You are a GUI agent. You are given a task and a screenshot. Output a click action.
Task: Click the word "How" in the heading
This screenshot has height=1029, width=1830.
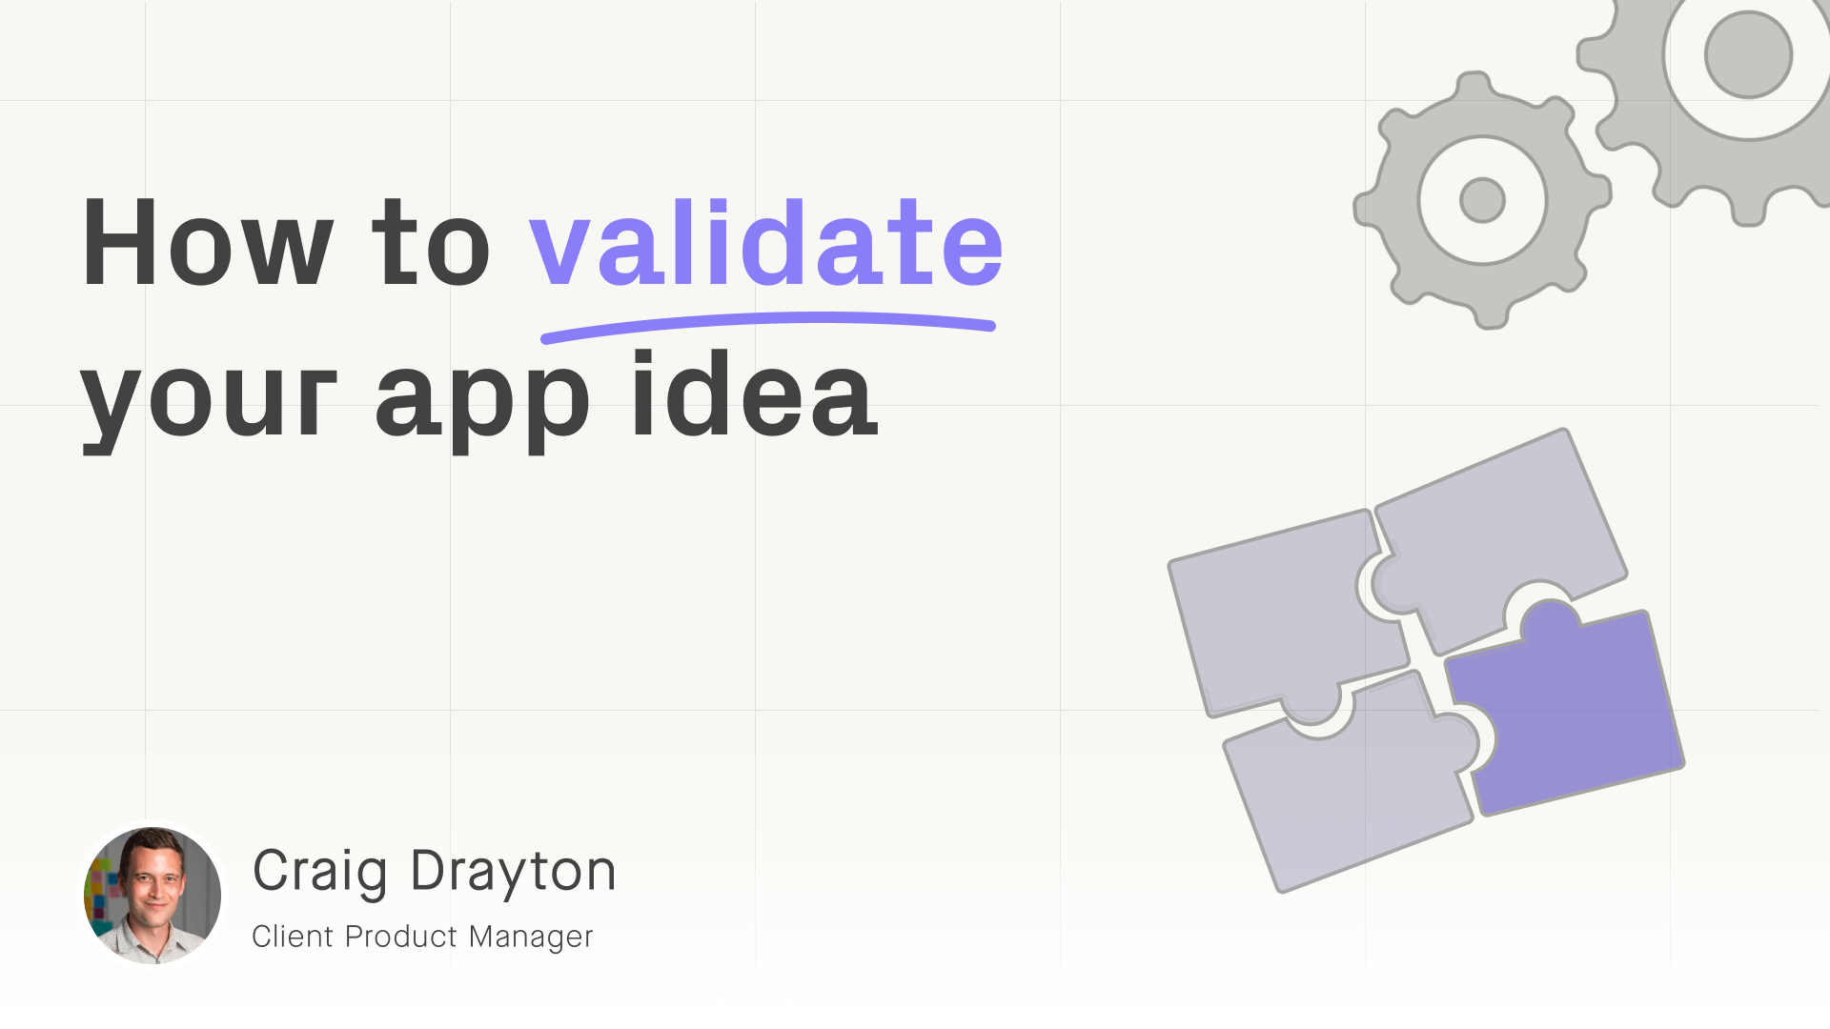tap(208, 242)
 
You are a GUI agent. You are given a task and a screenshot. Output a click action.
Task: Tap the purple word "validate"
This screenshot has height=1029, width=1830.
tap(766, 242)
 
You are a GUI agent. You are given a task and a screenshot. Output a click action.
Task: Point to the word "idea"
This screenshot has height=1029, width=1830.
tap(754, 393)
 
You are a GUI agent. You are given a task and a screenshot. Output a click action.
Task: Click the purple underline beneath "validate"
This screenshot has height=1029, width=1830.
tap(768, 321)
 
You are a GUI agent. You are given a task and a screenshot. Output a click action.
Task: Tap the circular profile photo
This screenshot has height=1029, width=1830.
tap(152, 896)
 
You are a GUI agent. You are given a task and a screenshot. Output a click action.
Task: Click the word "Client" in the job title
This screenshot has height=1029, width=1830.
tap(293, 937)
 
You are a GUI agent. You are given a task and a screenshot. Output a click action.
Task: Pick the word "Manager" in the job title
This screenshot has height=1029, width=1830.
tap(531, 938)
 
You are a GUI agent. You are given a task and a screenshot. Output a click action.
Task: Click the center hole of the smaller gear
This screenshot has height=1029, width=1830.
tap(1482, 200)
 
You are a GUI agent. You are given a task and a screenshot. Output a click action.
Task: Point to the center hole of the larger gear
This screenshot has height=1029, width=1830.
tap(1748, 54)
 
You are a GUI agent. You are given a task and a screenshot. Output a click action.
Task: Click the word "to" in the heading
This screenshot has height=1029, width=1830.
tap(431, 242)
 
